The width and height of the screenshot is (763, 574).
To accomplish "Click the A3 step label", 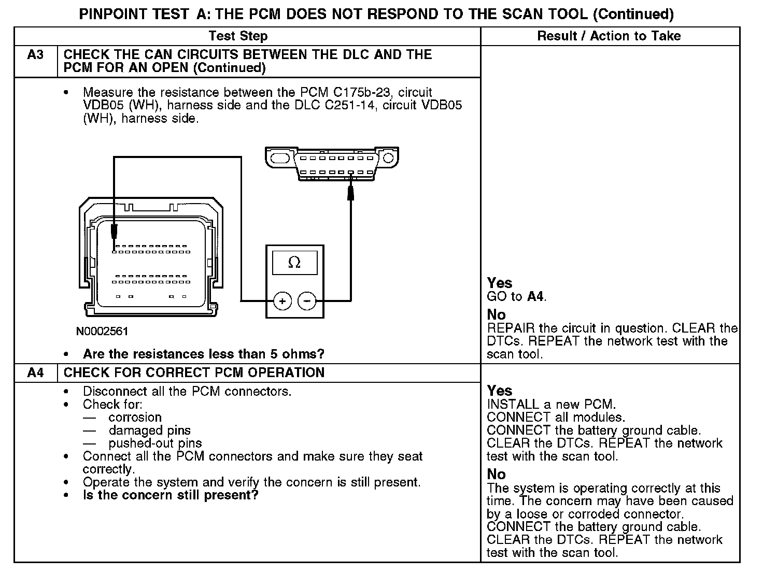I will click(x=35, y=54).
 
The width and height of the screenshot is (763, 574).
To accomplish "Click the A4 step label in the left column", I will click(x=35, y=372).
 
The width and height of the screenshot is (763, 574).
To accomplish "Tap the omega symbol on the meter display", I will click(x=294, y=263).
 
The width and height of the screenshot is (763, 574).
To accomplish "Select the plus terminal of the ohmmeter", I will click(x=282, y=301).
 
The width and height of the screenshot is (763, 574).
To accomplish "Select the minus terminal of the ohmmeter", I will click(x=307, y=301).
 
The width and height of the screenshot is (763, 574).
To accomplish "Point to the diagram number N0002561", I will click(x=102, y=331).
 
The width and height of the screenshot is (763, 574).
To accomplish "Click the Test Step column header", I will click(x=238, y=36).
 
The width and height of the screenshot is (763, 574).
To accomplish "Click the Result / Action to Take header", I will click(x=609, y=36).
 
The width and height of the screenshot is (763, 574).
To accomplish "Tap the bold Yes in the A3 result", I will click(x=500, y=283).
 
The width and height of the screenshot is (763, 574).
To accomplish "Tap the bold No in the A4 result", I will click(x=496, y=474).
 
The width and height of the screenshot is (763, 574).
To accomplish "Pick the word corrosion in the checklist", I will click(x=135, y=418).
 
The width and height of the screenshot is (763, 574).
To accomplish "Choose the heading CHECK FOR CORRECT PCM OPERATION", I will click(x=194, y=372).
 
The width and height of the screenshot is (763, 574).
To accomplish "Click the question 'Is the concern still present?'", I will click(x=171, y=495).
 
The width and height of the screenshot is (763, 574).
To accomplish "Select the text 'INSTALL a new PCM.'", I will click(x=552, y=404).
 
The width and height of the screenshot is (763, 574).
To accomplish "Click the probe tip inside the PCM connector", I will click(x=114, y=232).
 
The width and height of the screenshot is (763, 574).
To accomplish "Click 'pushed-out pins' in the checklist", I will click(x=155, y=443).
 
